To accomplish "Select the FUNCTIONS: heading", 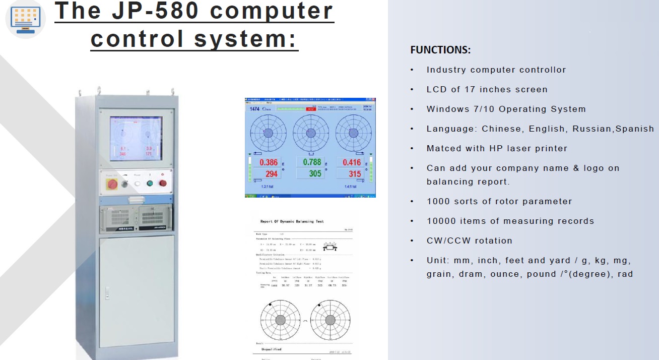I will (x=440, y=50).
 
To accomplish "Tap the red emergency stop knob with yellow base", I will (x=111, y=184).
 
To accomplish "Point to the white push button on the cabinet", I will (x=137, y=184).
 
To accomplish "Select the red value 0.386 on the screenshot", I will (x=269, y=162).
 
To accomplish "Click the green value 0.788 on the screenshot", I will (x=312, y=162).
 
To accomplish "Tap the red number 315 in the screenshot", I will (x=354, y=174).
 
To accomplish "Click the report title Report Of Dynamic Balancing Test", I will (x=292, y=221).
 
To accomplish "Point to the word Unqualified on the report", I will (x=272, y=349).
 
